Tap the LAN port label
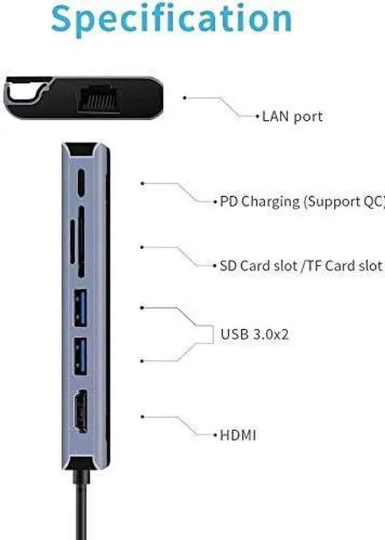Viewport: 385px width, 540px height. (292, 116)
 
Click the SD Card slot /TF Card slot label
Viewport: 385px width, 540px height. (301, 265)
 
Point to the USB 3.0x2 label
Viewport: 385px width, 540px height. (254, 334)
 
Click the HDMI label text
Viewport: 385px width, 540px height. (238, 434)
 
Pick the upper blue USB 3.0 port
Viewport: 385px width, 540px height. (81, 306)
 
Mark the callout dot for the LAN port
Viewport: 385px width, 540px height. (185, 97)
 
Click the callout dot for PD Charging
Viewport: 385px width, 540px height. (143, 183)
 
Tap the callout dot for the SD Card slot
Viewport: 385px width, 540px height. (143, 247)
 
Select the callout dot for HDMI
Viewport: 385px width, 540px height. (143, 415)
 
